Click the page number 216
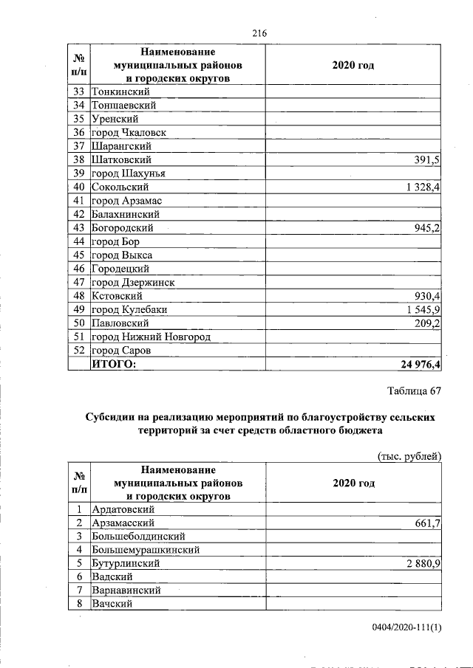point(259,33)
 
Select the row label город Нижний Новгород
point(150,337)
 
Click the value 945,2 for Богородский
point(427,228)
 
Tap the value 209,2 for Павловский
point(427,323)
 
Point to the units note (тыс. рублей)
point(409,456)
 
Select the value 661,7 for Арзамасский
point(427,523)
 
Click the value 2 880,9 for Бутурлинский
point(422,563)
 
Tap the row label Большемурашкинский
point(145,550)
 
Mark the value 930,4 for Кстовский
point(427,296)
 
